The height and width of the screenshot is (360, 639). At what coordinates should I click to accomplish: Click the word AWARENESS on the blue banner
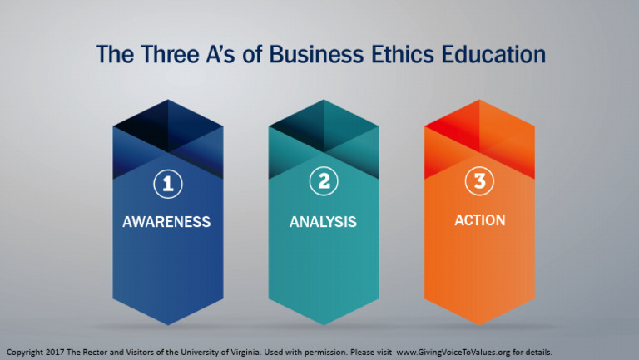pyautogui.click(x=166, y=222)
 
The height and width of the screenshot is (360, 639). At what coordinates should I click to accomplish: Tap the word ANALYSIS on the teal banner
pyautogui.click(x=323, y=222)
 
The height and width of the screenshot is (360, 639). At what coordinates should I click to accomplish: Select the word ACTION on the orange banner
pyautogui.click(x=479, y=220)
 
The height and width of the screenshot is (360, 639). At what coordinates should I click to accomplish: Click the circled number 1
pyautogui.click(x=167, y=185)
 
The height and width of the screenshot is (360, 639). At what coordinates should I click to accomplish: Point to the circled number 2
pyautogui.click(x=323, y=184)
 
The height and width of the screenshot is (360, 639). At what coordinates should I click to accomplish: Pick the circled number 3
pyautogui.click(x=479, y=183)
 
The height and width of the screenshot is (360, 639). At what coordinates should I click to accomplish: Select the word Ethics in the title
pyautogui.click(x=397, y=54)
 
